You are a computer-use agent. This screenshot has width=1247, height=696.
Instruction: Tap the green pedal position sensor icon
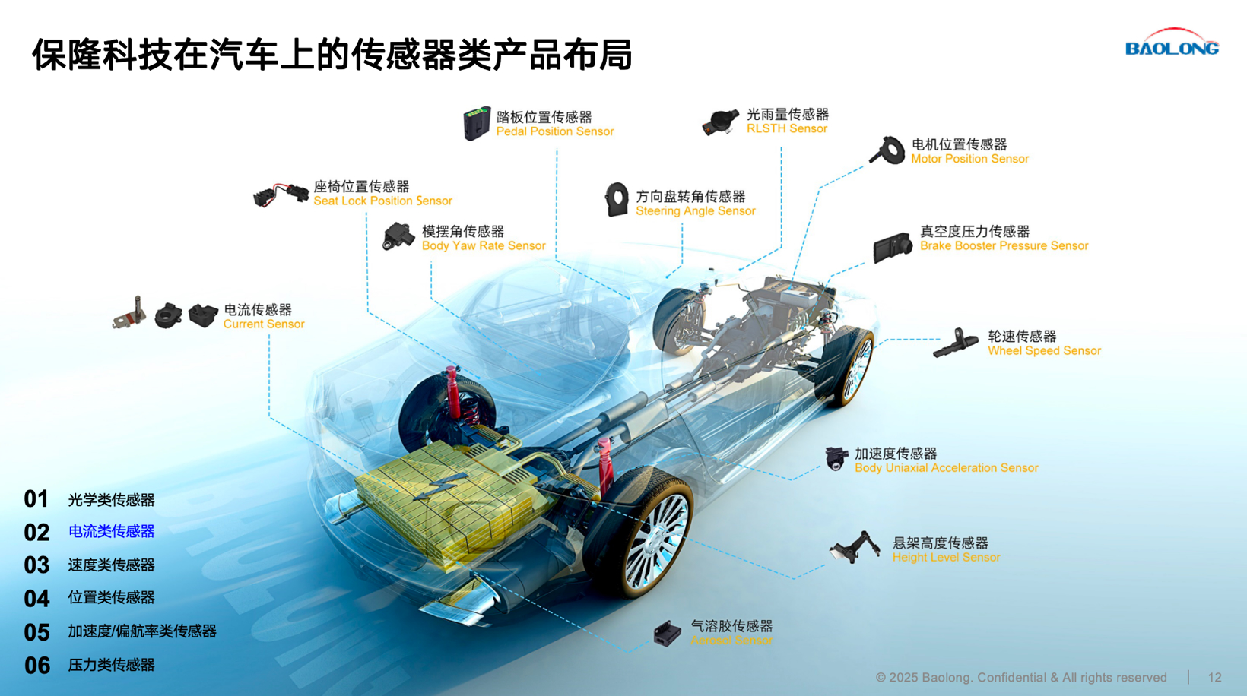477,123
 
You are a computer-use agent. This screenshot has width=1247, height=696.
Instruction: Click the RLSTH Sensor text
787,128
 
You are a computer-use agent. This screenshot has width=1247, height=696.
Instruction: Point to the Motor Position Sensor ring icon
888,150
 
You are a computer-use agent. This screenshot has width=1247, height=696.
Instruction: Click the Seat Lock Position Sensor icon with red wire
281,195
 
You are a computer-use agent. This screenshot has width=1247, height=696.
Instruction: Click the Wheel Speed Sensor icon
955,343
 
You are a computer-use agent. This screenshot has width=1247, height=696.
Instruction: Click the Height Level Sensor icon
855,547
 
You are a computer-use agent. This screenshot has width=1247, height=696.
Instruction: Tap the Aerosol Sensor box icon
668,634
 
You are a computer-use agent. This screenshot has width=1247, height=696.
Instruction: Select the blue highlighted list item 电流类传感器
111,531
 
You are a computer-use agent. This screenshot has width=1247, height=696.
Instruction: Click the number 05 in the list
36,633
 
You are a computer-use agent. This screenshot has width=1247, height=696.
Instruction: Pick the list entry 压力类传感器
111,665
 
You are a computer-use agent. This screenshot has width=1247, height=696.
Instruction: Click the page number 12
1215,678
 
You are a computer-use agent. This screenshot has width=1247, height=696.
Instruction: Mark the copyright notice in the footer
1021,678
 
